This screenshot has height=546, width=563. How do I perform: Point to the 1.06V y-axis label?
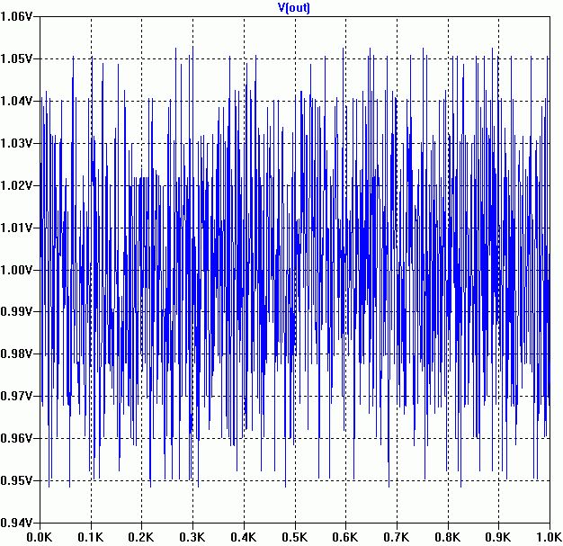coord(19,16)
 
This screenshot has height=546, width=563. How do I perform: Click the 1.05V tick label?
coord(19,58)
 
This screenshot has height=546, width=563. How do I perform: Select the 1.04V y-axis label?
coord(19,101)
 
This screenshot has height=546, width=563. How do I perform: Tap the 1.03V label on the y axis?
coord(19,143)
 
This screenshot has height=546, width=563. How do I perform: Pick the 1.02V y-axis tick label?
coord(19,185)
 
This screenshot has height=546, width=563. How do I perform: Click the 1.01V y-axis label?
coord(19,228)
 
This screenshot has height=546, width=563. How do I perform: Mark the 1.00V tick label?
coord(19,270)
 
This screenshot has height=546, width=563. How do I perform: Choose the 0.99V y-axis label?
coord(19,311)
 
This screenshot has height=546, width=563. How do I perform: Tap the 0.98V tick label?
coord(19,354)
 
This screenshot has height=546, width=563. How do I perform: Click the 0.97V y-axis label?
coord(19,396)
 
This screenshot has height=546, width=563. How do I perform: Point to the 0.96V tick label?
coord(19,438)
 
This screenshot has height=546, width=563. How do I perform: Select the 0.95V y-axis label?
coord(19,480)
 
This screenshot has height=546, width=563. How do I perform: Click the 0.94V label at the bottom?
coord(19,523)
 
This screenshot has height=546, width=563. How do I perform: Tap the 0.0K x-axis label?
coord(40,536)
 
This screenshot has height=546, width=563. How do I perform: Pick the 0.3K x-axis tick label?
coord(192,536)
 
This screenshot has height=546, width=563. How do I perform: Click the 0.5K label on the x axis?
coord(295,536)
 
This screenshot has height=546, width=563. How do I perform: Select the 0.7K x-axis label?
coord(397,536)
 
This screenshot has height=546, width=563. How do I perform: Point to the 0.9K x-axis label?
coord(498,536)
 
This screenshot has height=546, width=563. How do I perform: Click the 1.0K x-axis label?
coord(547,536)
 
